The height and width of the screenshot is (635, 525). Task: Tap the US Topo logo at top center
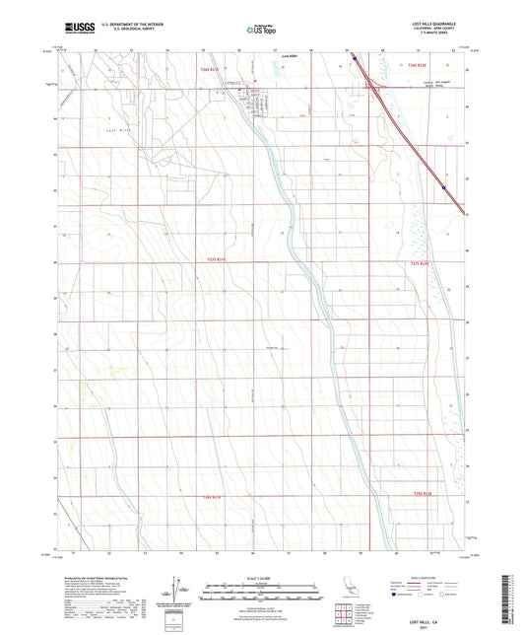[x=261, y=31]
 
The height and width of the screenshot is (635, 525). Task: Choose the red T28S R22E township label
[x=424, y=506]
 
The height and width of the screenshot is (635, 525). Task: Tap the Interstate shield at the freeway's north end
[x=356, y=57]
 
